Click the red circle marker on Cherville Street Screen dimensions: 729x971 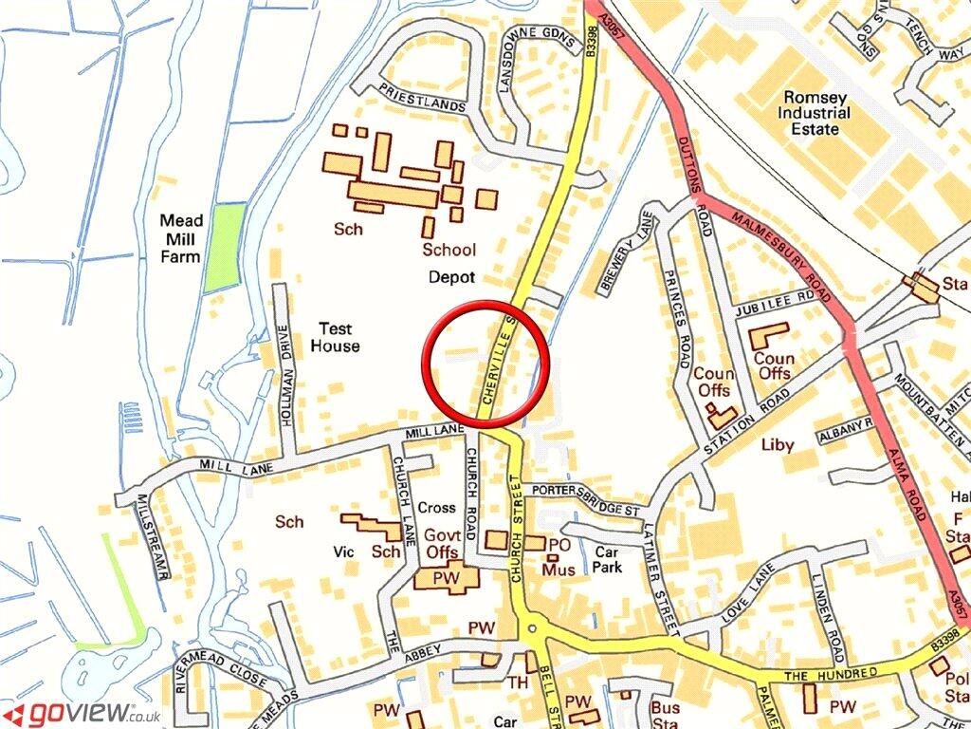point(486,364)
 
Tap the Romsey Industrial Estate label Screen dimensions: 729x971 point(815,112)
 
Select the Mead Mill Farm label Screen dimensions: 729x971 point(180,237)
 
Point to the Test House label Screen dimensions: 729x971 point(335,337)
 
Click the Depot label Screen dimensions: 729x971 point(451,277)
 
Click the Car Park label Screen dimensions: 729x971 point(608,558)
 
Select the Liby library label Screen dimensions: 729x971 point(776,443)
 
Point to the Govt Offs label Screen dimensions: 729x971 point(443,543)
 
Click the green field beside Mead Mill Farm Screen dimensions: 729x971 point(225,247)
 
